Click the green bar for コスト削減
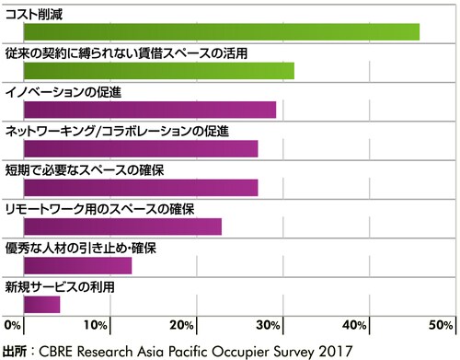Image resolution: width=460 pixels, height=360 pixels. (221, 31)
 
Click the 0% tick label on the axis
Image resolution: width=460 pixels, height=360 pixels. (14, 326)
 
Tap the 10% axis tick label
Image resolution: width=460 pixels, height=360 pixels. (95, 326)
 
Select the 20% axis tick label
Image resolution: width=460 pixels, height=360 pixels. (182, 326)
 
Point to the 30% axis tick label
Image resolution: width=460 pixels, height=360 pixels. (270, 326)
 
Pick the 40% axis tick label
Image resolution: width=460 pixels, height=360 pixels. (356, 326)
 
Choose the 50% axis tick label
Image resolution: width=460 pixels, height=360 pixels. (440, 326)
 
